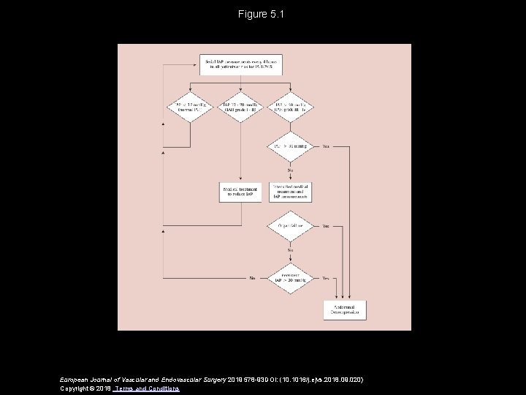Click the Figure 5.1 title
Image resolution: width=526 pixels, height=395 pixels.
(262, 14)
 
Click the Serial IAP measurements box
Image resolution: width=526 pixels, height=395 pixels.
(240, 64)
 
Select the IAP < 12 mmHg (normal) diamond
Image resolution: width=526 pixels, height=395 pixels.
(189, 108)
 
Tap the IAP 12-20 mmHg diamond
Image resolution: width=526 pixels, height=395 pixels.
(240, 108)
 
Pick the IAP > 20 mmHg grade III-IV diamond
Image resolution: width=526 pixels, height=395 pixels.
(291, 108)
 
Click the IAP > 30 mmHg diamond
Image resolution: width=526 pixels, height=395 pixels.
(291, 146)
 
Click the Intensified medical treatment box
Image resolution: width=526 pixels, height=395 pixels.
(291, 192)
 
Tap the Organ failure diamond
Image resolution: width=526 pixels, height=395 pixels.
(291, 226)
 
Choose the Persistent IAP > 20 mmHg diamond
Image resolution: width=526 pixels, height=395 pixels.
(291, 278)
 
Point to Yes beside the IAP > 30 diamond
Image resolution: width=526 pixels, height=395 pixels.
(326, 146)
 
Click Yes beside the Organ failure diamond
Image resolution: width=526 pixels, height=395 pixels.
(326, 226)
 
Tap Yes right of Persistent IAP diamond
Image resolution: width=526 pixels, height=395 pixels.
(326, 278)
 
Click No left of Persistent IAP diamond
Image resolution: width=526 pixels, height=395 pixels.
(253, 278)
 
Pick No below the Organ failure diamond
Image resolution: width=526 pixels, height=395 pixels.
(291, 249)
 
